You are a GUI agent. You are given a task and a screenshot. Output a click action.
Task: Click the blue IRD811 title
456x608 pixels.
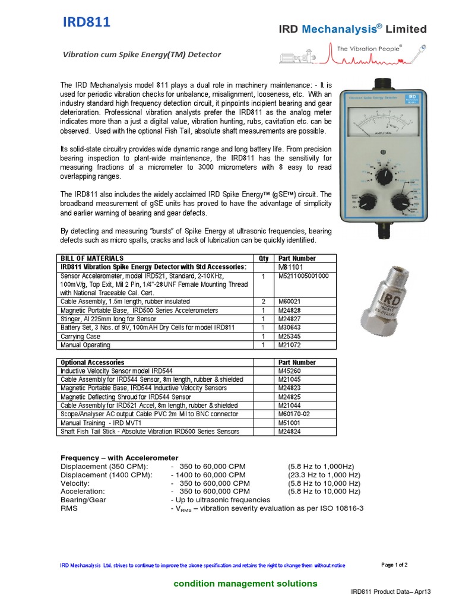point(87,23)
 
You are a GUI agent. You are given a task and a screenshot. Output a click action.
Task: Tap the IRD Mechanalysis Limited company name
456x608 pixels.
point(353,29)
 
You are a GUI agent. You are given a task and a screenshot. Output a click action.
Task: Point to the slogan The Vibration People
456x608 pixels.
point(369,47)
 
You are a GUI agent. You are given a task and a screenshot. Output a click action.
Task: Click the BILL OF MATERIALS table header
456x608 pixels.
point(92,258)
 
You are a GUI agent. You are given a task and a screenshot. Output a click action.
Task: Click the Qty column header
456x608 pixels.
point(263,258)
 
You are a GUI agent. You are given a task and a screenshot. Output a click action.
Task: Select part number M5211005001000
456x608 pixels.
point(303,276)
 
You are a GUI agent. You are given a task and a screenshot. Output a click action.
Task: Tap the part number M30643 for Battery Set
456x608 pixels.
point(290,328)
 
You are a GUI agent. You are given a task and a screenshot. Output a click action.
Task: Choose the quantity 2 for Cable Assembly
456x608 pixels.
point(263,302)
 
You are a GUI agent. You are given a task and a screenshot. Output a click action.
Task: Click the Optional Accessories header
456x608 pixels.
point(93,362)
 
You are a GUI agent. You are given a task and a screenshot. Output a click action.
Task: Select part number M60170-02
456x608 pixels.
point(296,414)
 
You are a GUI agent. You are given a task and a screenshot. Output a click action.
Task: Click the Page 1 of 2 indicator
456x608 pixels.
point(394,565)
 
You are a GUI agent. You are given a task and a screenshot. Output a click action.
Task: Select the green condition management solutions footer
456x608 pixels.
point(245,584)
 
